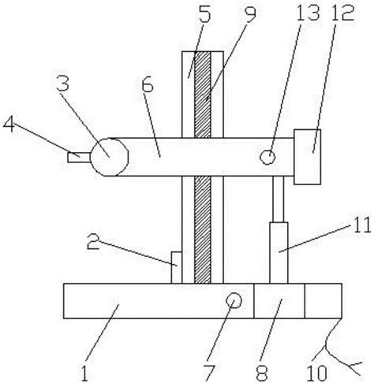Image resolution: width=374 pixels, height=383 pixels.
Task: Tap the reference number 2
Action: (x=93, y=241)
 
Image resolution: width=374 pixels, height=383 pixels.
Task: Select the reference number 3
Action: (x=63, y=83)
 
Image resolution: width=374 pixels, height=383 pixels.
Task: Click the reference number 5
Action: (x=205, y=13)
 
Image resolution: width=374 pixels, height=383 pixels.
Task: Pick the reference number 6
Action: (x=148, y=85)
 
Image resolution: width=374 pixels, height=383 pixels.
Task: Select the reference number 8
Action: (x=262, y=373)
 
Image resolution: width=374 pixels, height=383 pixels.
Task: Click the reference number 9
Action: (x=249, y=14)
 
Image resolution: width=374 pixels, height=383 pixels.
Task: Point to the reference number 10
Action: (x=317, y=373)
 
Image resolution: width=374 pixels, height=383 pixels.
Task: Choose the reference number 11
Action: (x=361, y=225)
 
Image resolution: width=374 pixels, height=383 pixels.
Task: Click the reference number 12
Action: (x=342, y=13)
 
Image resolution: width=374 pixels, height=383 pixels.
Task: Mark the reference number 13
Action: (x=309, y=13)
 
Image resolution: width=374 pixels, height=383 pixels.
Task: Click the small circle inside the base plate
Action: (x=234, y=300)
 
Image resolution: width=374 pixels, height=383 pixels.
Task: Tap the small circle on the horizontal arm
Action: (x=267, y=157)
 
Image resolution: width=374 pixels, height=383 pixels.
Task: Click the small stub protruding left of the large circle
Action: (x=79, y=158)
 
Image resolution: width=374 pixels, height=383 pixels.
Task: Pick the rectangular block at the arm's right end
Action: (x=307, y=157)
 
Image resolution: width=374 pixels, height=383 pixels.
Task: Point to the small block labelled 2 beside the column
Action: (x=176, y=267)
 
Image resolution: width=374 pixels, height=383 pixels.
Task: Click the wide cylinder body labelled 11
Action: (x=279, y=253)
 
